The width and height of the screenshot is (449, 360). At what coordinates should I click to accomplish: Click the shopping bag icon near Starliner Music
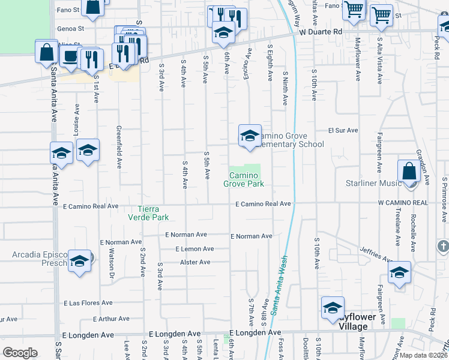(x=409, y=170)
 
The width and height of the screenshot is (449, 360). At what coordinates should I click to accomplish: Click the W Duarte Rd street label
(x=321, y=31)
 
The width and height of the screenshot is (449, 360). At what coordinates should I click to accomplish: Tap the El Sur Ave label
(x=343, y=130)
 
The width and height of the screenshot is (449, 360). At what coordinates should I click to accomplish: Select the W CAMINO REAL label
(x=403, y=203)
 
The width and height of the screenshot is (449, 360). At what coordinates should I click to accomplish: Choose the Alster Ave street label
(x=195, y=262)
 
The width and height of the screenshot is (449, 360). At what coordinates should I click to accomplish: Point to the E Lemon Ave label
(x=194, y=248)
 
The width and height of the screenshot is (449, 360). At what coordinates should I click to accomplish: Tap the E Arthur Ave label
(x=111, y=319)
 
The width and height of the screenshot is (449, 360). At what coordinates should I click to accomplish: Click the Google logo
(x=20, y=353)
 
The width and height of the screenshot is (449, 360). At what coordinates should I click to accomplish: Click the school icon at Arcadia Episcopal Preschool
(x=79, y=261)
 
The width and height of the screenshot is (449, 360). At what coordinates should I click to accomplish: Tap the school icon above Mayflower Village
(x=333, y=308)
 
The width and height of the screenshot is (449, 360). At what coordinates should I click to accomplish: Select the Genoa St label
(x=70, y=28)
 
